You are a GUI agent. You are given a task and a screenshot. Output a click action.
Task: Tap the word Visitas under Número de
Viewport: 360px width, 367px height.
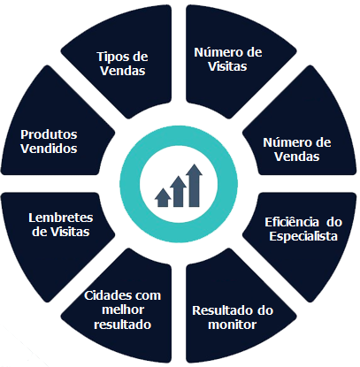click(227, 66)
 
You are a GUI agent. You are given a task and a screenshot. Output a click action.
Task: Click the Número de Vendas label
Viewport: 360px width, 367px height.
click(297, 149)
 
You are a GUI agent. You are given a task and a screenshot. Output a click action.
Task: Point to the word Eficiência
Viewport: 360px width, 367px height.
click(292, 222)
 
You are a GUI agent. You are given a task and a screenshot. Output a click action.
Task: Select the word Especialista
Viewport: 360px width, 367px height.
click(303, 236)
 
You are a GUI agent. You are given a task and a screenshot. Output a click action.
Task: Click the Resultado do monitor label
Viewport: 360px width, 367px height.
click(233, 317)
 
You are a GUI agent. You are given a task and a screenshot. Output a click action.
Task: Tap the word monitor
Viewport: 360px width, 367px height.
click(232, 325)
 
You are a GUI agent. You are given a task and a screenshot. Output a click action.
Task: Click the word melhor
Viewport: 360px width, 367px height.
click(123, 310)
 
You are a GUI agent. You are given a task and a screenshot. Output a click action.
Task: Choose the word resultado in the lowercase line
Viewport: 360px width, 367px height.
click(122, 325)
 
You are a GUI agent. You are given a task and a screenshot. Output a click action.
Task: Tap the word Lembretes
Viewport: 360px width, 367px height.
click(61, 218)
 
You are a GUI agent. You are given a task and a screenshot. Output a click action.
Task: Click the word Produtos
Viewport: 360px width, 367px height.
click(49, 134)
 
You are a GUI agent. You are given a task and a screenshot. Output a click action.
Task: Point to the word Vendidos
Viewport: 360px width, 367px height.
click(49, 149)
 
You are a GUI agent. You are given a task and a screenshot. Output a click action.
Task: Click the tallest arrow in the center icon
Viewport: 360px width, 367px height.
click(194, 186)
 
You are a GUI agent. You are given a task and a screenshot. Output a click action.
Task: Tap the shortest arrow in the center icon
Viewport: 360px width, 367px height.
click(163, 197)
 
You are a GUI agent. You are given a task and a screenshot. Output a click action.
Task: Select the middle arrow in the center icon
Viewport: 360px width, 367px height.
click(179, 192)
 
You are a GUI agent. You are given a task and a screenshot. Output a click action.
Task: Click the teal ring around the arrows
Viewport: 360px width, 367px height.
click(130, 184)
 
